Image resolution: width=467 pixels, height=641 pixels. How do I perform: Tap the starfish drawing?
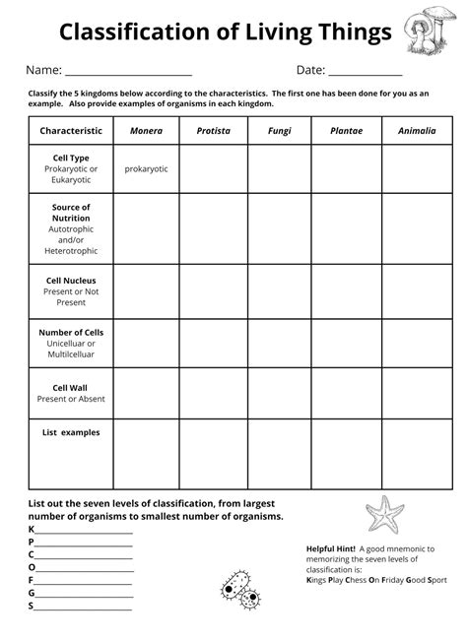coord(384,514)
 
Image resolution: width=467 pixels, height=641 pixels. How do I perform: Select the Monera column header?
coord(146,130)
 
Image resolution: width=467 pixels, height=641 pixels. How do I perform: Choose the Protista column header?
coord(213,130)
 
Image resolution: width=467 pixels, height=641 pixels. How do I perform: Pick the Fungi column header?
coord(279,130)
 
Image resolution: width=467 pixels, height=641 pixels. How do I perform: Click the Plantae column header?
coord(345,130)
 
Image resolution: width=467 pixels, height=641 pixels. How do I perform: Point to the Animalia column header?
coord(414,130)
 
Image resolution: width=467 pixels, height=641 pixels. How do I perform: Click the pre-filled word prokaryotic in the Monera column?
coord(146,168)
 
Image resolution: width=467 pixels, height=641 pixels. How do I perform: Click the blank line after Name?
coord(128,72)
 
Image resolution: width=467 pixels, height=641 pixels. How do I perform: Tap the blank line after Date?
coord(366,72)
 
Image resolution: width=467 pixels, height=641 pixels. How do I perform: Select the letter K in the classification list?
coord(32,530)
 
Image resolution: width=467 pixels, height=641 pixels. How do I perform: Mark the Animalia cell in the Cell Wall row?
coord(414,392)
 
